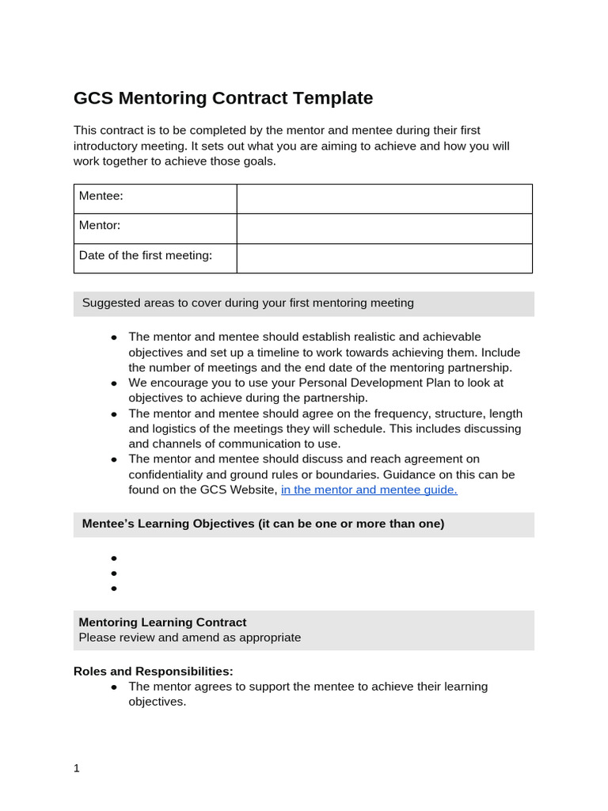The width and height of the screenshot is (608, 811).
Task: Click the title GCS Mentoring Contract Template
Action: (x=222, y=98)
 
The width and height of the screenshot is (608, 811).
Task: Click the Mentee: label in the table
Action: (x=101, y=196)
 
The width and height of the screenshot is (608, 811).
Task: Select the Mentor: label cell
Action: (x=100, y=226)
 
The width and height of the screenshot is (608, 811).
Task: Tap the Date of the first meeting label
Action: (x=146, y=256)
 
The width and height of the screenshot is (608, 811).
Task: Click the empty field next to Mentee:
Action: (x=384, y=199)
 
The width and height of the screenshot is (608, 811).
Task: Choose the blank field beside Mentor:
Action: (x=384, y=229)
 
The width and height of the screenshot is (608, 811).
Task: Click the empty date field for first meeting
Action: (x=384, y=259)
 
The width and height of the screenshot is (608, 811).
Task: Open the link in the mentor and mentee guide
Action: (x=369, y=489)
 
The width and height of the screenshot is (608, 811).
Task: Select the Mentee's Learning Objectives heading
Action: (x=263, y=524)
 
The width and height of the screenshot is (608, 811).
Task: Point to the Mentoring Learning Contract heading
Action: (x=162, y=623)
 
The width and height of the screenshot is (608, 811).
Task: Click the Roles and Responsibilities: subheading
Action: (x=153, y=672)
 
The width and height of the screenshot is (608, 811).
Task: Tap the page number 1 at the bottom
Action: (x=77, y=768)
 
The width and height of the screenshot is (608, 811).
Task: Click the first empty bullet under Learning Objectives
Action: (x=114, y=558)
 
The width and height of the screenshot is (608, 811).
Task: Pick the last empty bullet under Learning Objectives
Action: (x=114, y=588)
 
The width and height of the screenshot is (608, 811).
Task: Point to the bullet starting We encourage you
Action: (x=114, y=383)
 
